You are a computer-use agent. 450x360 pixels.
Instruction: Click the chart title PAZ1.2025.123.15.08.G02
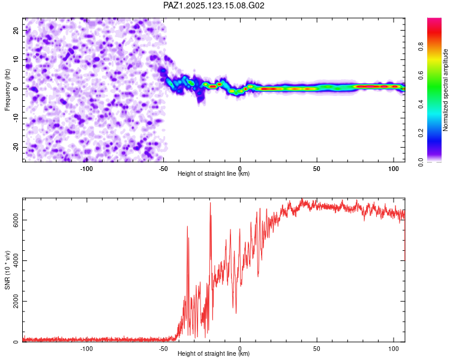[x=214, y=5]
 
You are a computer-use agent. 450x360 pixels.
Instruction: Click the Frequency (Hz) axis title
[x=7, y=89]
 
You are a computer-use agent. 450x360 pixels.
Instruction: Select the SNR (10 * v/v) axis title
[x=7, y=270]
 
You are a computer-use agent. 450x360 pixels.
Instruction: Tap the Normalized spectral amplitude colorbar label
[x=445, y=90]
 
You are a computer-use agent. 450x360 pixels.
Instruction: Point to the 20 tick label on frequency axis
[x=16, y=30]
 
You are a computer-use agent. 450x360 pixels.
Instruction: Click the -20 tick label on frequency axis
[x=16, y=147]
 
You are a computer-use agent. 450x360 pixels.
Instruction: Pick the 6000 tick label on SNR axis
[x=16, y=220]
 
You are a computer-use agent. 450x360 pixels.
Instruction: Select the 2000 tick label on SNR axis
[x=16, y=301]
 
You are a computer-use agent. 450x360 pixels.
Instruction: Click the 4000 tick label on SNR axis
[x=16, y=260]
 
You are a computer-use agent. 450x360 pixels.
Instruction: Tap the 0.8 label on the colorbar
[x=421, y=46]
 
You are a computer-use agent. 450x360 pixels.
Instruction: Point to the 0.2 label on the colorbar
[x=421, y=133]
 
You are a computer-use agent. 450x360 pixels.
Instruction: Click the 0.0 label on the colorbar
[x=421, y=162]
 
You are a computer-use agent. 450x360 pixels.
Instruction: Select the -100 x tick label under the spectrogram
[x=86, y=169]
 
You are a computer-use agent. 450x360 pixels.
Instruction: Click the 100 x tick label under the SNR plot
[x=394, y=349]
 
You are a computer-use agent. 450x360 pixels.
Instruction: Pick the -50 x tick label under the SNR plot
[x=163, y=349]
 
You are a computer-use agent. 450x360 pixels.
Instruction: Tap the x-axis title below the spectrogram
[x=214, y=173]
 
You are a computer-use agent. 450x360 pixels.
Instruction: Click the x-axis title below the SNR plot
[x=214, y=353]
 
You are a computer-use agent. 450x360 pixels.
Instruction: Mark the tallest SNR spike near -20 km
[x=210, y=203]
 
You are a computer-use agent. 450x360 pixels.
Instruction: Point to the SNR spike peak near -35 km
[x=187, y=227]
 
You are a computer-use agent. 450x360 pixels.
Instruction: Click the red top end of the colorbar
[x=434, y=20]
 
